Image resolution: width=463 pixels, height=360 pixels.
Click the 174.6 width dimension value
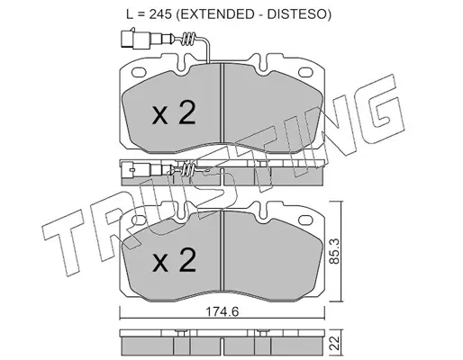pos(222,312)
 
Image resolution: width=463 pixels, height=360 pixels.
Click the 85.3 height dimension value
pos(334,251)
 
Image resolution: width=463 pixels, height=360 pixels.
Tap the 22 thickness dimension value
pos(335,343)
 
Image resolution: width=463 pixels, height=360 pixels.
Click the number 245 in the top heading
pos(160,14)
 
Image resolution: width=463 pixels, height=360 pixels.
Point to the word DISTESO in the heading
pos(296,14)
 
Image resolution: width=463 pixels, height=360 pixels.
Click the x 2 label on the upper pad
pos(174,112)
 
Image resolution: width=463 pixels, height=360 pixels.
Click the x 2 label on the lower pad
pos(174,260)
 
